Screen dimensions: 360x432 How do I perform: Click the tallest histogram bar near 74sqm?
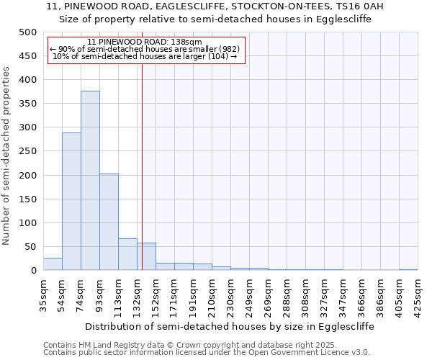click(90, 180)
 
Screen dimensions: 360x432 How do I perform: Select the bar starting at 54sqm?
click(71, 202)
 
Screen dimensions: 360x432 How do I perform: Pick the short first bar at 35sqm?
click(53, 264)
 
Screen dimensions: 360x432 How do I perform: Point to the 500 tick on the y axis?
click(28, 32)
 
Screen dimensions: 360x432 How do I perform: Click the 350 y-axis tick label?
click(28, 104)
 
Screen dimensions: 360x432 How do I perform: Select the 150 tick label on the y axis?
click(28, 199)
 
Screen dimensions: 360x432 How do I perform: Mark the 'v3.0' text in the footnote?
click(359, 352)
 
